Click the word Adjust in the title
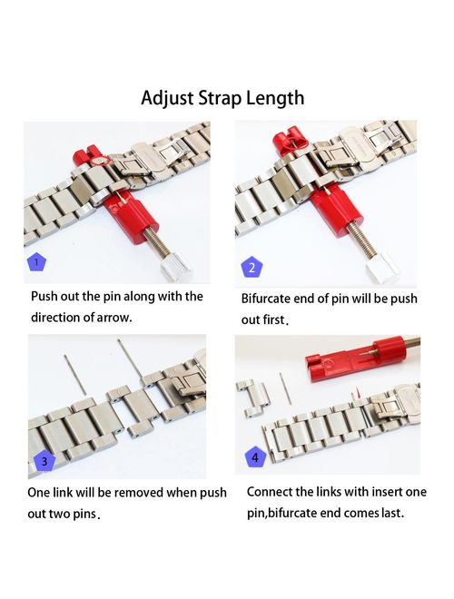point(167,99)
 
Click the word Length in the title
point(275,99)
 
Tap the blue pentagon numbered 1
point(36,261)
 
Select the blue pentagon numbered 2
point(252,267)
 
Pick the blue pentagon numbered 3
point(44,461)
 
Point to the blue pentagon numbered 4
point(255,457)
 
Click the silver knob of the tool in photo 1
point(175,267)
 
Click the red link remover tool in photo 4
point(362,358)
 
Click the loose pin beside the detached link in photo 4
point(285,388)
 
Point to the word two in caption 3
point(59,514)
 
